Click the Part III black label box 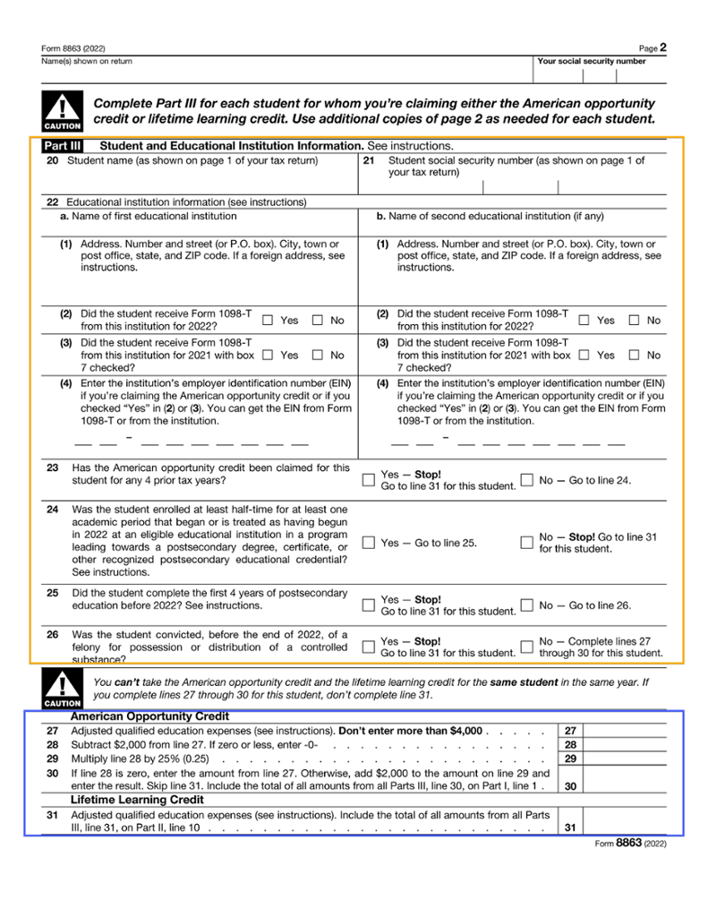(63, 145)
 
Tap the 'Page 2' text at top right (653, 47)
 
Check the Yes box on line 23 (369, 480)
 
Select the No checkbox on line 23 (527, 480)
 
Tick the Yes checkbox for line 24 (369, 543)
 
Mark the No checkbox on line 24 (527, 543)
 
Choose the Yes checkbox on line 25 (369, 605)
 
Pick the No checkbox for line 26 (527, 647)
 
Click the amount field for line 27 (624, 731)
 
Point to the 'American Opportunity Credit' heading (149, 716)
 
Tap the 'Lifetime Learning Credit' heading (137, 799)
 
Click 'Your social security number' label (591, 62)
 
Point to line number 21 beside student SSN (369, 161)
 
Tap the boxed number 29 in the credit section (570, 759)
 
